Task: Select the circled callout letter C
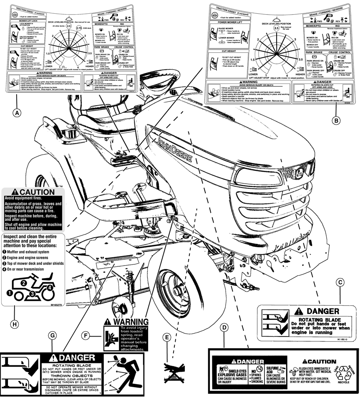click(340, 282)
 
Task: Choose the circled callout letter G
click(52, 335)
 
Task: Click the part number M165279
click(53, 305)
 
